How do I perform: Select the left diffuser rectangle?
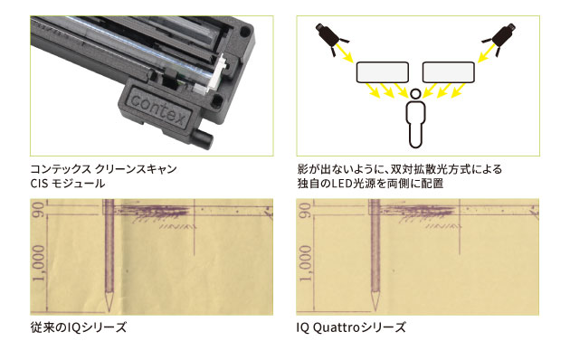click(383, 71)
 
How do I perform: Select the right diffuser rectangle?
click(449, 71)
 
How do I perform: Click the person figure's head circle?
click(415, 93)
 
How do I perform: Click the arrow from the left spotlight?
click(347, 55)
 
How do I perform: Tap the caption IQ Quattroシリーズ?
click(352, 327)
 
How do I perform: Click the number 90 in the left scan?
click(38, 212)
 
